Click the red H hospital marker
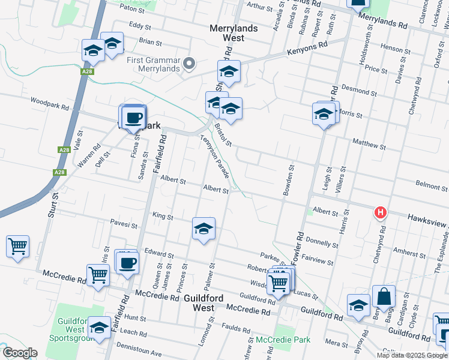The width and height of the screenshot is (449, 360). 380,212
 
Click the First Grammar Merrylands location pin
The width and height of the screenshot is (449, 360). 190,63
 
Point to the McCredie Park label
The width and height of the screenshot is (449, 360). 283,340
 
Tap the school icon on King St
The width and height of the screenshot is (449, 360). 203,229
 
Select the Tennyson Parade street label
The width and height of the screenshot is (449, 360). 214,156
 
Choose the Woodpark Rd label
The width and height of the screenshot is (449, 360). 50,103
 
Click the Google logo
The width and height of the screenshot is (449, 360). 20,353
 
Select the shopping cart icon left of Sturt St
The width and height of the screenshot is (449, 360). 18,246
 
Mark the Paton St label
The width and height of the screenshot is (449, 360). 133,10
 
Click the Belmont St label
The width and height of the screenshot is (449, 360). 431,185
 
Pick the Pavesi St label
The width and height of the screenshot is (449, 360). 124,226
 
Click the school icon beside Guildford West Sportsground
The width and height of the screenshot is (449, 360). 100,328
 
